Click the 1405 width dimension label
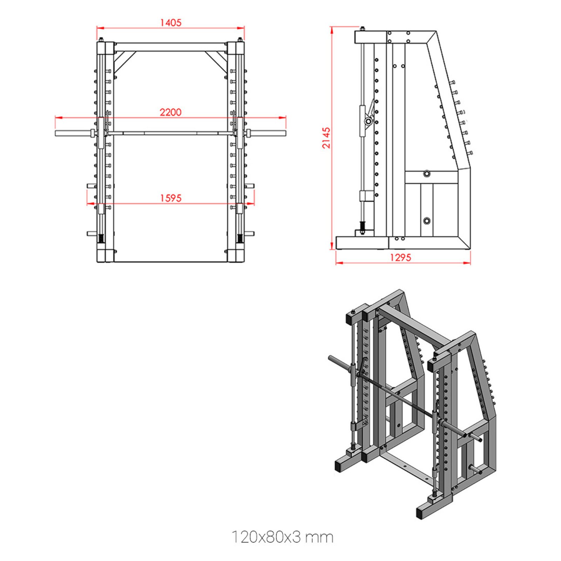pos(171,23)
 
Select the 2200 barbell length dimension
pos(171,113)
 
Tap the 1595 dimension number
pos(171,198)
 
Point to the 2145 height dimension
pos(326,138)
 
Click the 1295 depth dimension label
pos(400,258)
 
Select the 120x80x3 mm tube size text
pos(282,537)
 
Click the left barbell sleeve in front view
pos(72,133)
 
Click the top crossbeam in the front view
pos(171,47)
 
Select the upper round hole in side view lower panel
pos(426,174)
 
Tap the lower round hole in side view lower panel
pos(426,221)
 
